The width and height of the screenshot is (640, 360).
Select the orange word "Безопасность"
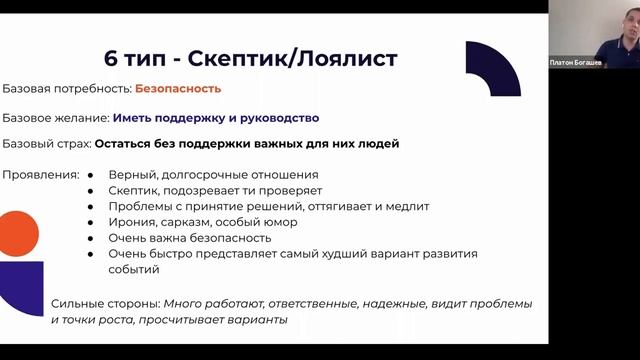(x=180, y=89)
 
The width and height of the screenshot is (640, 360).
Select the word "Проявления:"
(x=41, y=175)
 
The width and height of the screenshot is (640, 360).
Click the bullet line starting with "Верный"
(x=208, y=175)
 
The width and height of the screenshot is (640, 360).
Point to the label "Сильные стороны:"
(x=105, y=304)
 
